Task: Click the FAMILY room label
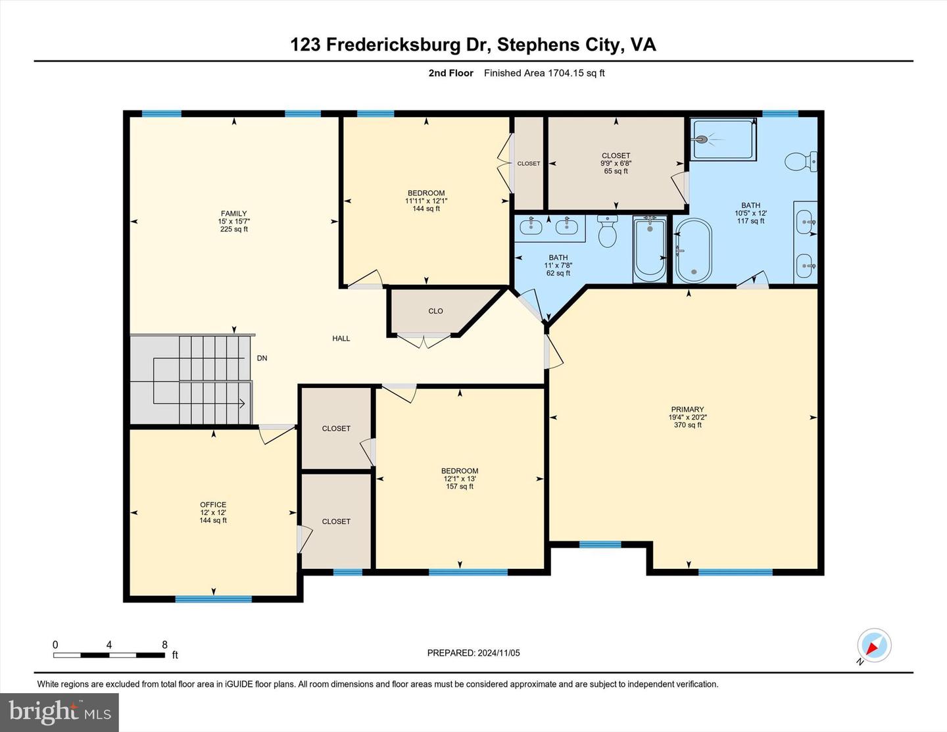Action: [233, 214]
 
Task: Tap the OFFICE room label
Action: [213, 505]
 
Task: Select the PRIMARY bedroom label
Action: [687, 409]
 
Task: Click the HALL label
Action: [341, 339]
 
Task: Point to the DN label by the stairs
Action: [262, 358]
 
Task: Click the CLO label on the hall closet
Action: [435, 311]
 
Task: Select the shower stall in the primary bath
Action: [722, 139]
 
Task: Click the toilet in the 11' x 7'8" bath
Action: [607, 231]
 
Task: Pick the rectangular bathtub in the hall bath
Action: [650, 249]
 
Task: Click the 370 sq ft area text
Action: [687, 425]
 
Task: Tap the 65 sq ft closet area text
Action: [616, 171]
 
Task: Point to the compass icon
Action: [874, 646]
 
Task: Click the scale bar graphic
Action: [109, 655]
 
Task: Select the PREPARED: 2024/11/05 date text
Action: [473, 653]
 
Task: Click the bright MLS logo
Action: [59, 712]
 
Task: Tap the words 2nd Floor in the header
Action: [450, 73]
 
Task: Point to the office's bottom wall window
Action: [213, 598]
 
